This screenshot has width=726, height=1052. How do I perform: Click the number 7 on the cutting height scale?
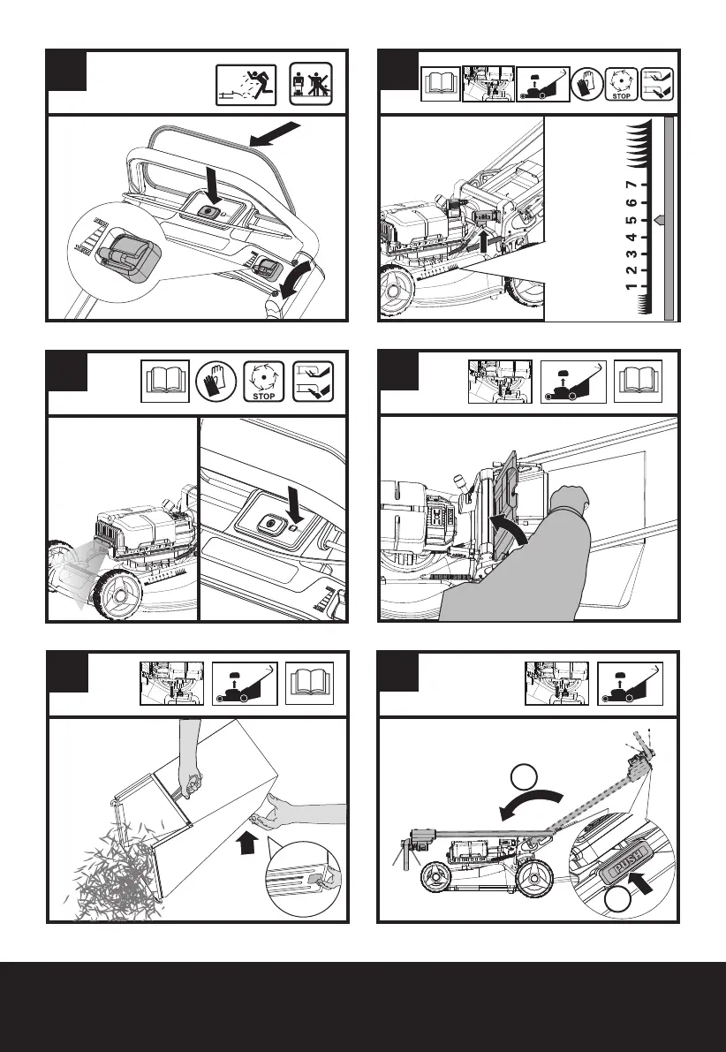coord(631,185)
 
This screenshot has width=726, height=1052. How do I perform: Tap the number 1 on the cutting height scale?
coord(631,288)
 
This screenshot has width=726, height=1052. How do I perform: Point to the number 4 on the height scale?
coord(631,237)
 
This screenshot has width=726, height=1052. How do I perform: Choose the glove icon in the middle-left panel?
coord(213,382)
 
